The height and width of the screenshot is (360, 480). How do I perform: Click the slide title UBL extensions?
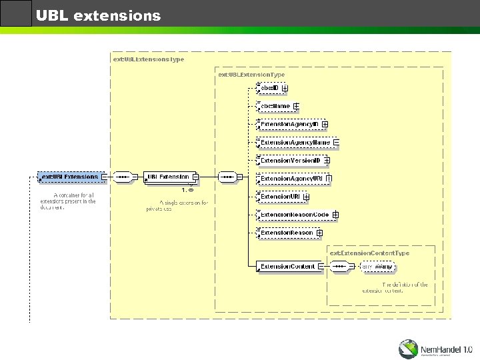(98, 15)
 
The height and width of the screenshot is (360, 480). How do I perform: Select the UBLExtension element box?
(168, 177)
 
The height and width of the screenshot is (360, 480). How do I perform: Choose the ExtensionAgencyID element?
(289, 124)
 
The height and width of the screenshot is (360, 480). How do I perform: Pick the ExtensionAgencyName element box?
(295, 142)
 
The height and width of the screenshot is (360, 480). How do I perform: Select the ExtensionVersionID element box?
(290, 161)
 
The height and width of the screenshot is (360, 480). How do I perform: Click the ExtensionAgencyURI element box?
(292, 179)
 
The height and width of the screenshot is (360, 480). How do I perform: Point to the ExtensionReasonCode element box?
(294, 215)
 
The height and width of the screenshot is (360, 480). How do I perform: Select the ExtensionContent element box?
(287, 267)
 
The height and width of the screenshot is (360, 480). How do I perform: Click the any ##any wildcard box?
(379, 267)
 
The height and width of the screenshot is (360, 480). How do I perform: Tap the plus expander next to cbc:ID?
(285, 88)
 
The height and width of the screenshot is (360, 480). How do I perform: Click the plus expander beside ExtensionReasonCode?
(335, 215)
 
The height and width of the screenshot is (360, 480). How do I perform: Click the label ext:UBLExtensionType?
(251, 75)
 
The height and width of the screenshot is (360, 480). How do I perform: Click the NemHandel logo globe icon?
(409, 348)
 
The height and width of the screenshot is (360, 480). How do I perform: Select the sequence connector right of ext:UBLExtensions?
(123, 177)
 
